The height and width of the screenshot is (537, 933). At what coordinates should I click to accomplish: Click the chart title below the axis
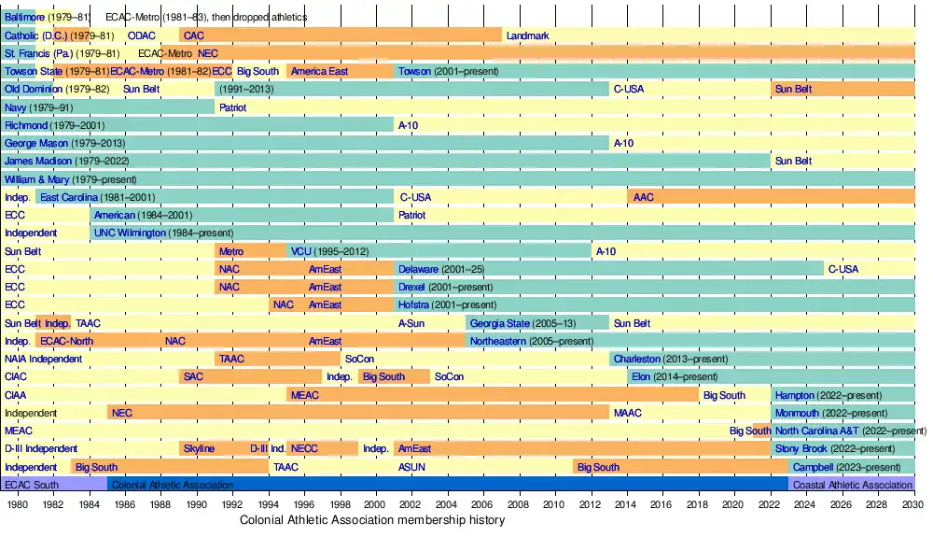372,520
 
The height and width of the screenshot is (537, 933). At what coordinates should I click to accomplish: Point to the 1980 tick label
18,504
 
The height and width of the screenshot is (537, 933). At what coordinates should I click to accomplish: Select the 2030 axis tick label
913,504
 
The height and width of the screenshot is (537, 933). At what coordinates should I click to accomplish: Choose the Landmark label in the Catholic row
527,35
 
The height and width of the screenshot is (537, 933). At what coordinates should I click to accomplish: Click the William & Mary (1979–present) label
70,179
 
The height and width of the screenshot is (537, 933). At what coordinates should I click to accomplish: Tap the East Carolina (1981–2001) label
97,197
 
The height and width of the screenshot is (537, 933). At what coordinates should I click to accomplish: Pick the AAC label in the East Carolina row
644,197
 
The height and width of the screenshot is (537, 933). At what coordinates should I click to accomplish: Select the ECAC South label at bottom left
32,485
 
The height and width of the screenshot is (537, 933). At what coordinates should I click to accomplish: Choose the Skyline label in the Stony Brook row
199,449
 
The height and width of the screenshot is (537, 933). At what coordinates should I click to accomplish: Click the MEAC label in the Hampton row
305,395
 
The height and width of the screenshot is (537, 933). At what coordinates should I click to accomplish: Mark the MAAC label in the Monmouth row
627,413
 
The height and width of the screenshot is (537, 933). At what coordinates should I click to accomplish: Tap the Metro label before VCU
230,251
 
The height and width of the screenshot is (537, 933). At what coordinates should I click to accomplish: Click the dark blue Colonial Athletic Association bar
448,485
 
